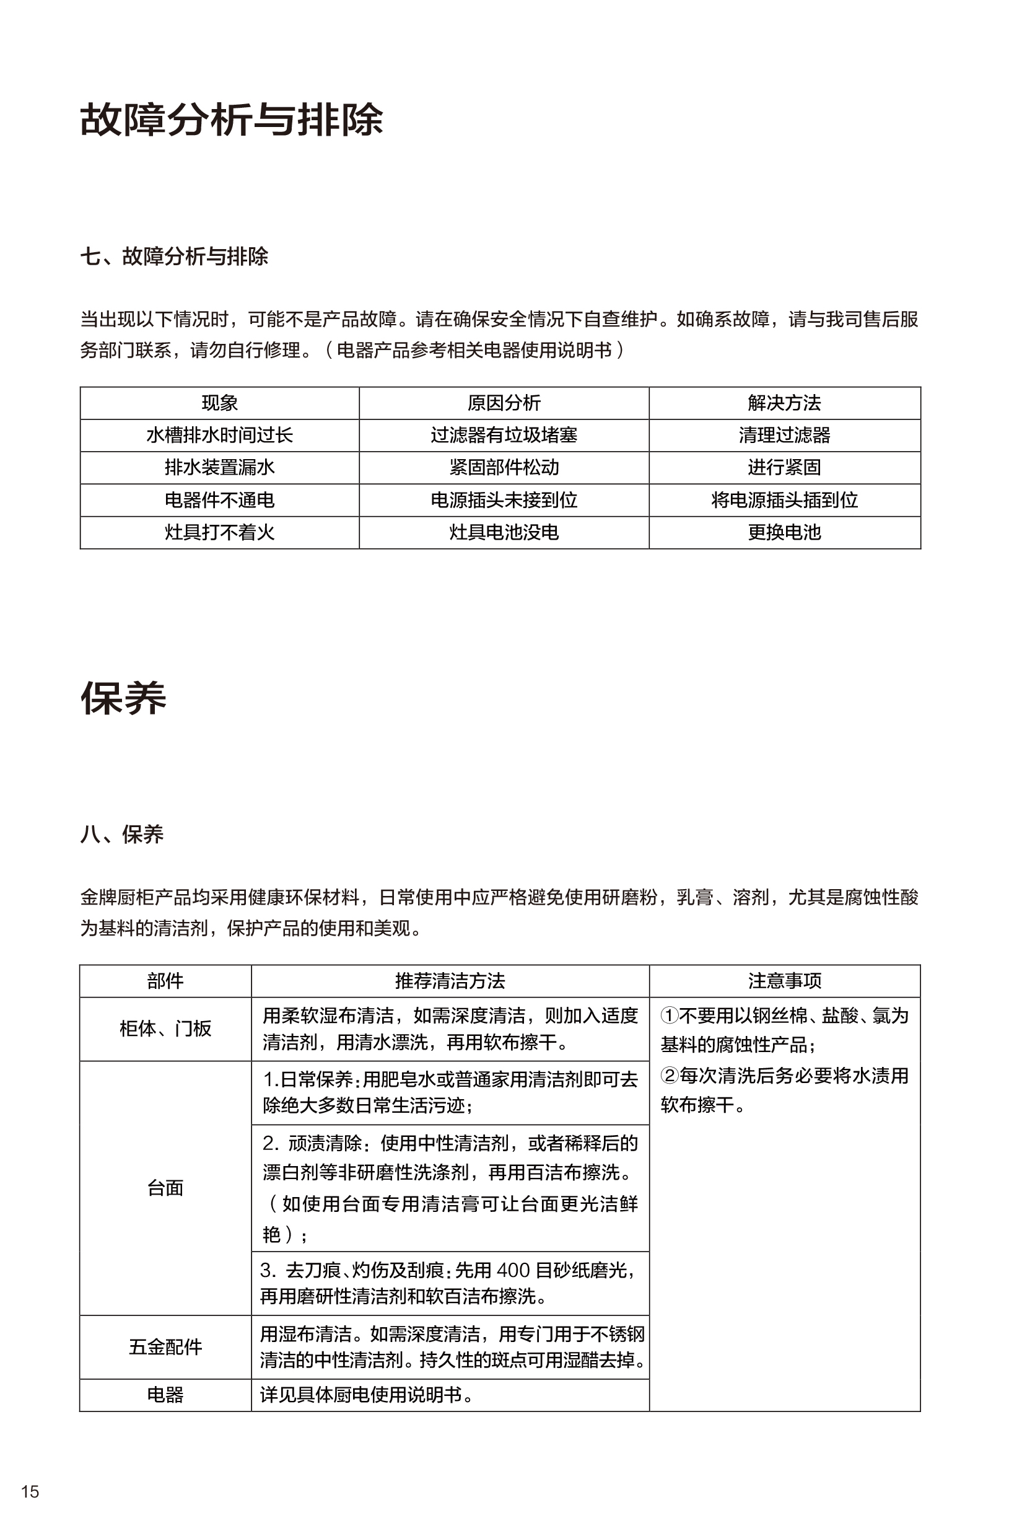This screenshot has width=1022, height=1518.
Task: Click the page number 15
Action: (x=30, y=1491)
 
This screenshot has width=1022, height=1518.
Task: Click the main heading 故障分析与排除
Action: (x=232, y=120)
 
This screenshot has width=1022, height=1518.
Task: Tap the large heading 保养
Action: (x=123, y=698)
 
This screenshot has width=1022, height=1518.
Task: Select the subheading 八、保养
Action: (x=122, y=834)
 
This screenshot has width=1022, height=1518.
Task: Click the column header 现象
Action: (x=220, y=403)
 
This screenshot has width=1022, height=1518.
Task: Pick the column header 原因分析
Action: (x=504, y=403)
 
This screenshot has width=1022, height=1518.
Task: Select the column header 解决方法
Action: (x=784, y=403)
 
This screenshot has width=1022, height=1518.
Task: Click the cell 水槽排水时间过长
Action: (x=220, y=435)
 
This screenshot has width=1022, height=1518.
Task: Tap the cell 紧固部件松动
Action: (x=504, y=468)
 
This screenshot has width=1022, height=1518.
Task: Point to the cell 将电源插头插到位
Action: (x=784, y=500)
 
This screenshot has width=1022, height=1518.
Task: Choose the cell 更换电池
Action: (x=784, y=533)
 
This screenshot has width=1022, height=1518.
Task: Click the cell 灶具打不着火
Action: (x=220, y=533)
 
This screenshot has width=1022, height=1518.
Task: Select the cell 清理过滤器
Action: (x=784, y=435)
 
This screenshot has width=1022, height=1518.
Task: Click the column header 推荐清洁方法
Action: (x=450, y=981)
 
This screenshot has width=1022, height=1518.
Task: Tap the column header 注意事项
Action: (x=785, y=981)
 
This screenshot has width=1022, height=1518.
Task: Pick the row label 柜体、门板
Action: (x=165, y=1029)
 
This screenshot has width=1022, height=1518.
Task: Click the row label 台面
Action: (x=165, y=1188)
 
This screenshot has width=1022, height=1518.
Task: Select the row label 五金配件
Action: (x=165, y=1347)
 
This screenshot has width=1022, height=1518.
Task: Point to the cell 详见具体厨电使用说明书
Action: (x=367, y=1395)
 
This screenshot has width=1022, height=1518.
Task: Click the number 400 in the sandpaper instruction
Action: (x=513, y=1270)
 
